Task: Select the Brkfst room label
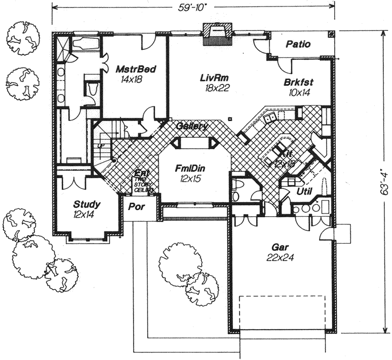(x=299, y=87)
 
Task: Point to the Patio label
(x=298, y=44)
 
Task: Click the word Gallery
(x=192, y=126)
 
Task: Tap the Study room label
(x=87, y=209)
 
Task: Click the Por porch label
(x=135, y=206)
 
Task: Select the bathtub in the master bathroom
(x=85, y=43)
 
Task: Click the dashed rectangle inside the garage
(x=281, y=314)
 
